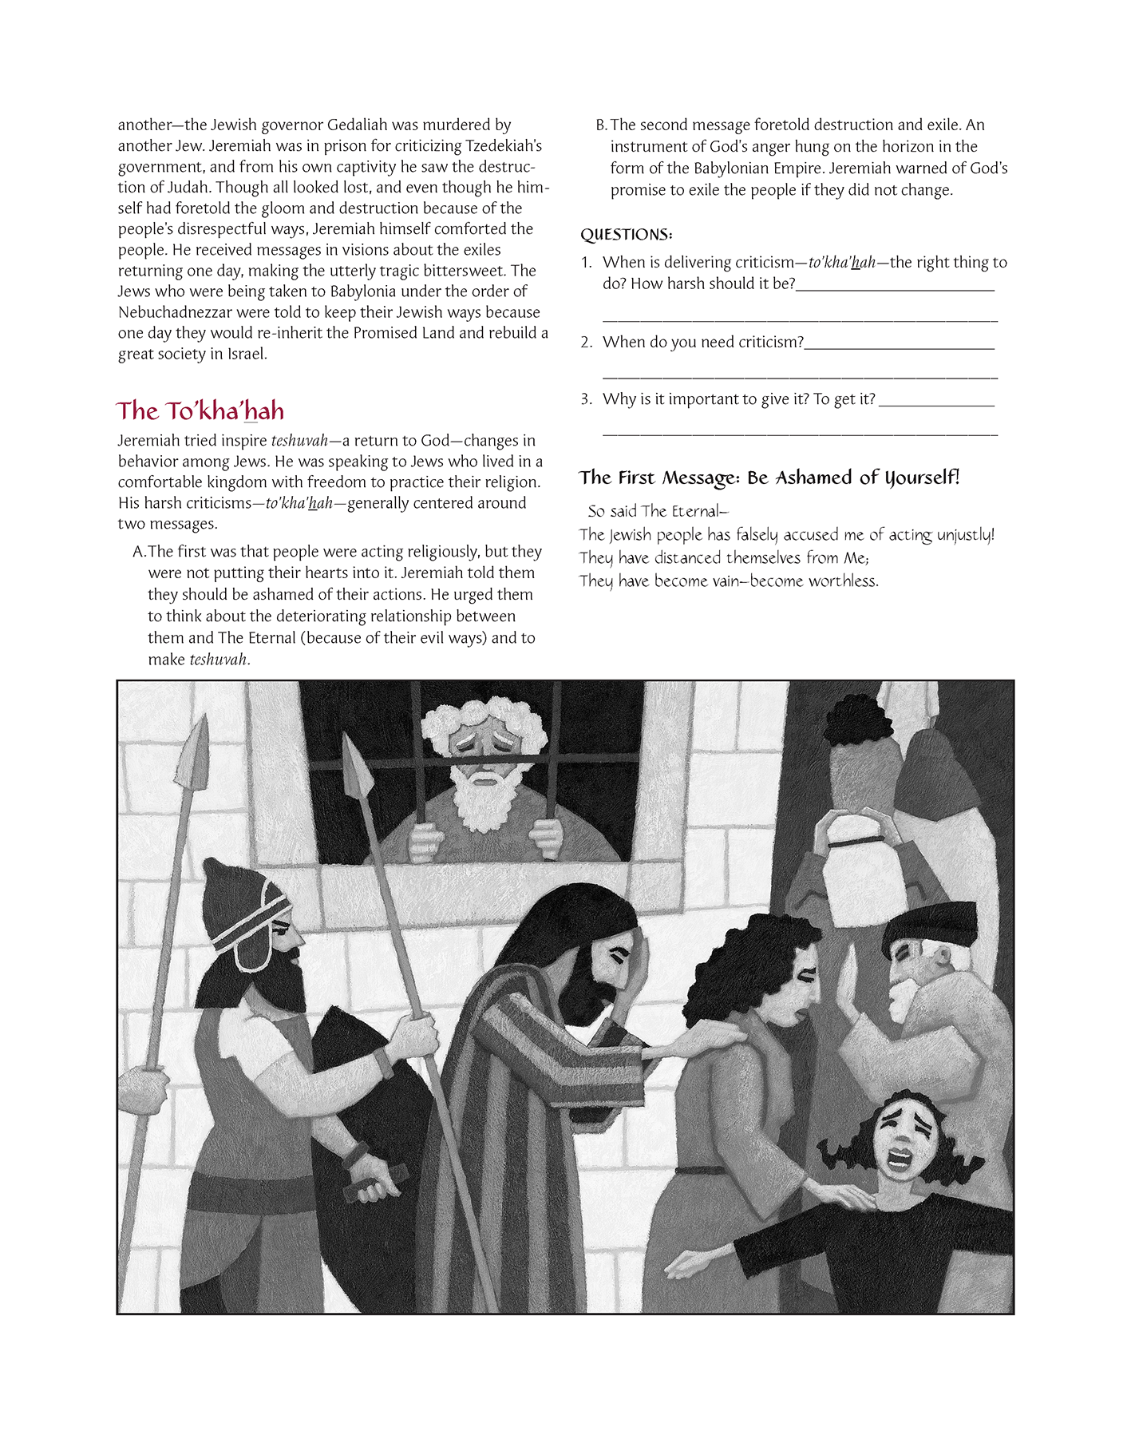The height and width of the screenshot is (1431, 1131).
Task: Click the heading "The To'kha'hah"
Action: point(200,410)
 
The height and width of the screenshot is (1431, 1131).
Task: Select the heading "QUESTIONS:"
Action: point(626,235)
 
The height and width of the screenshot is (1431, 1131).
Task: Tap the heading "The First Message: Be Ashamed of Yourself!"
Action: point(769,478)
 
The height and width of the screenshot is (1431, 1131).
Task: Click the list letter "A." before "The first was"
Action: point(140,552)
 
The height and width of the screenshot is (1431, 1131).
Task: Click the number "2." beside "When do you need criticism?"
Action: point(587,343)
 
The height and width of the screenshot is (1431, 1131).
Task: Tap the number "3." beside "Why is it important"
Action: point(587,399)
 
